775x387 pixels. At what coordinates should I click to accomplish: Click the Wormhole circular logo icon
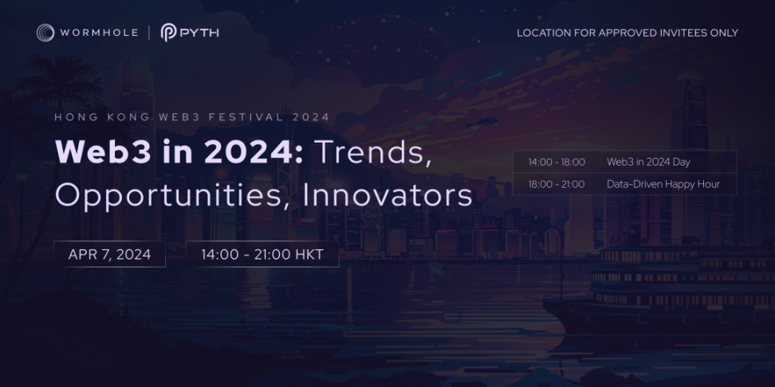pos(45,33)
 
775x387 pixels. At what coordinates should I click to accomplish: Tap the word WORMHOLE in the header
pos(99,33)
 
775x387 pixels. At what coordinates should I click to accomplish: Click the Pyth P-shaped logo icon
pos(168,33)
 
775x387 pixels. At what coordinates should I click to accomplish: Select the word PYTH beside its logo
pos(199,33)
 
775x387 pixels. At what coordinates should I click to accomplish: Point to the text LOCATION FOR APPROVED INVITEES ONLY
pos(627,33)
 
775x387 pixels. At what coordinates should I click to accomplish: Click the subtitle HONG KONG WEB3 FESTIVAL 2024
pos(192,118)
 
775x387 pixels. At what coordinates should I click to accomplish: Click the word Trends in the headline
pos(372,153)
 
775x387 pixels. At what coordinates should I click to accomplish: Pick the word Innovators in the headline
pos(387,195)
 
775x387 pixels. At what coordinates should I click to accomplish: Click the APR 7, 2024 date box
pos(110,254)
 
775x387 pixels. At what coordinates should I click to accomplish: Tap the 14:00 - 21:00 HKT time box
pos(262,254)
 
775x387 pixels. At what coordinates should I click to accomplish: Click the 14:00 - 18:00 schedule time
pos(557,162)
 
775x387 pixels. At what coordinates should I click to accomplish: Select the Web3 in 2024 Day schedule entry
pos(648,162)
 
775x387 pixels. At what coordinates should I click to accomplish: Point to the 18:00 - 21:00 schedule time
pos(557,184)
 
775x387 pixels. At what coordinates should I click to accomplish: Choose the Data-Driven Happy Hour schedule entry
pos(663,184)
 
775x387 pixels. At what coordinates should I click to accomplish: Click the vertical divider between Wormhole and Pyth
pos(149,33)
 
